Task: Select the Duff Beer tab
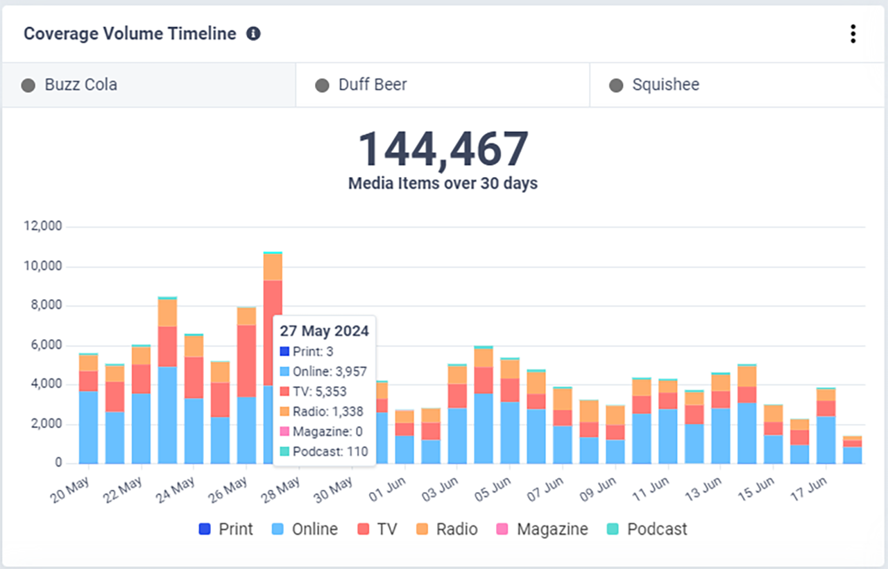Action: [372, 85]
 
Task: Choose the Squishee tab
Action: [665, 85]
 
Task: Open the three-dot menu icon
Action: [853, 34]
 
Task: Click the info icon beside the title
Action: [254, 33]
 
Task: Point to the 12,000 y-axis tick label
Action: [42, 226]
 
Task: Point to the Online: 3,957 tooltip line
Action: [330, 371]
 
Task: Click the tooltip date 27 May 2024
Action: [324, 330]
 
